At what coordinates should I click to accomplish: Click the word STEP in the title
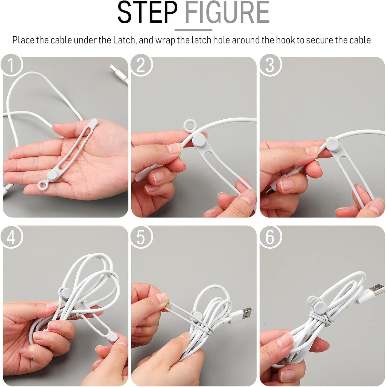click(147, 13)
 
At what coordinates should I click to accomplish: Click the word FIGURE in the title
click(227, 13)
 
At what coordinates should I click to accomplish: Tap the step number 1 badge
click(11, 65)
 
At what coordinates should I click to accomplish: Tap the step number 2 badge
click(141, 65)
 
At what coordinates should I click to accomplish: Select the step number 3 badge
click(270, 65)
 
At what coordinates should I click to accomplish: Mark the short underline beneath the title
click(193, 30)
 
